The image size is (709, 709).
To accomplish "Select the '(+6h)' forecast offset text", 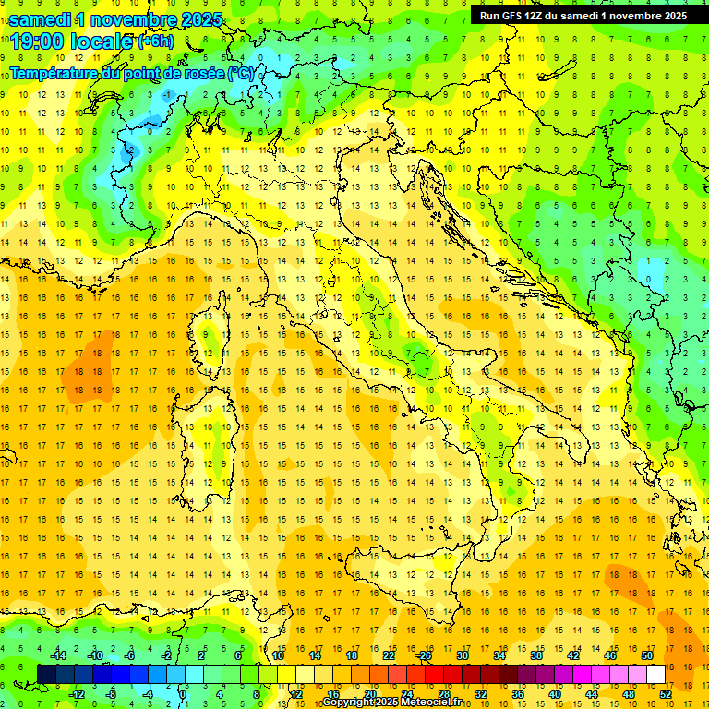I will [x=155, y=42].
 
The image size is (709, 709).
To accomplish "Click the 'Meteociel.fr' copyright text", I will [x=434, y=703].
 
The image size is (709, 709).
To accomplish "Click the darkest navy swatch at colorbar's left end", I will [x=47, y=674].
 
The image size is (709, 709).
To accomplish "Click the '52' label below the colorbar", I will [x=666, y=693].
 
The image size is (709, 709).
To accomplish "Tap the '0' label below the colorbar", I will [x=183, y=693].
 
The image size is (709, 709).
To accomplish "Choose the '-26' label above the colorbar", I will [x=424, y=655].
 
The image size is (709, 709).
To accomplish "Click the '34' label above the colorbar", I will [x=499, y=655].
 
